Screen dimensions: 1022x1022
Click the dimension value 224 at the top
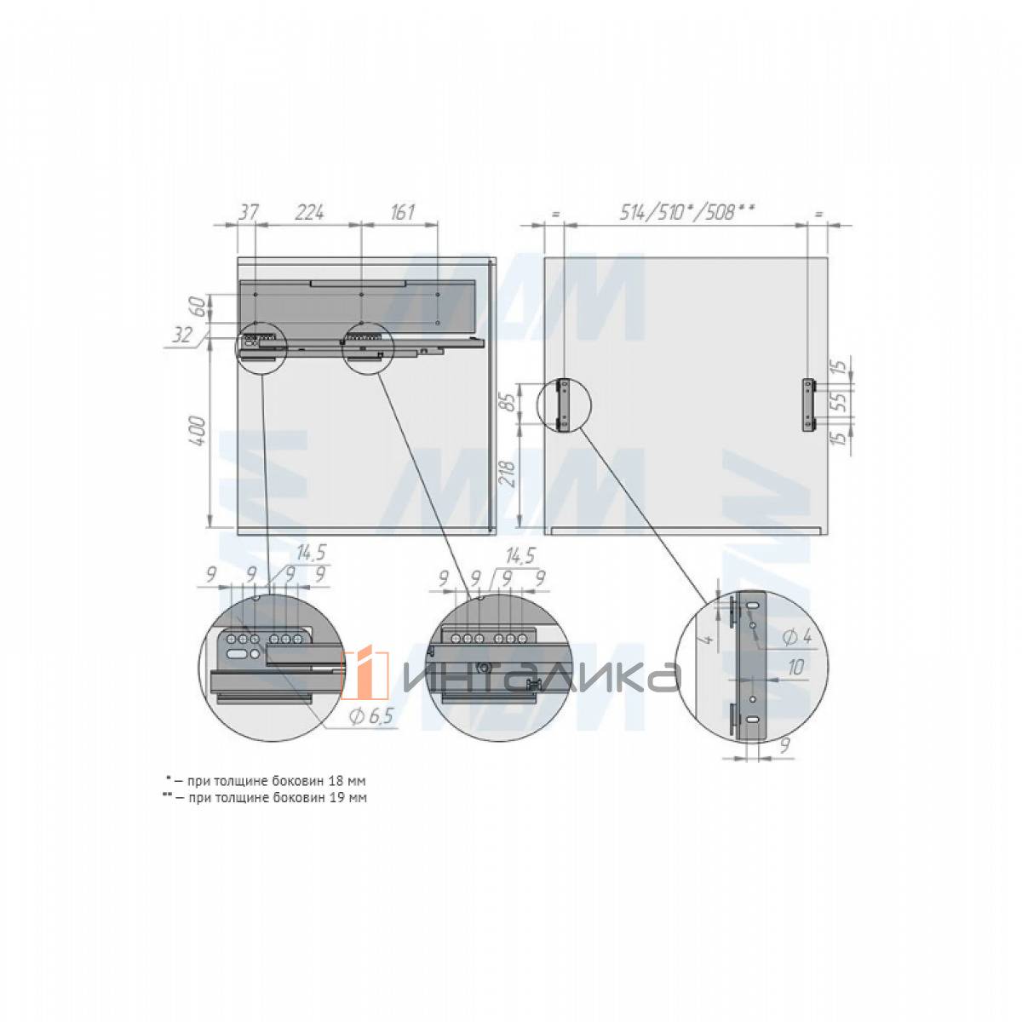[309, 212]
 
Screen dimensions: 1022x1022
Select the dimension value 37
[247, 212]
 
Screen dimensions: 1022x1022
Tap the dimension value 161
[401, 212]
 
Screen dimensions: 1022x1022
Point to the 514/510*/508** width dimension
[686, 212]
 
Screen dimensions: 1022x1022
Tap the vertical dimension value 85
[508, 401]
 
